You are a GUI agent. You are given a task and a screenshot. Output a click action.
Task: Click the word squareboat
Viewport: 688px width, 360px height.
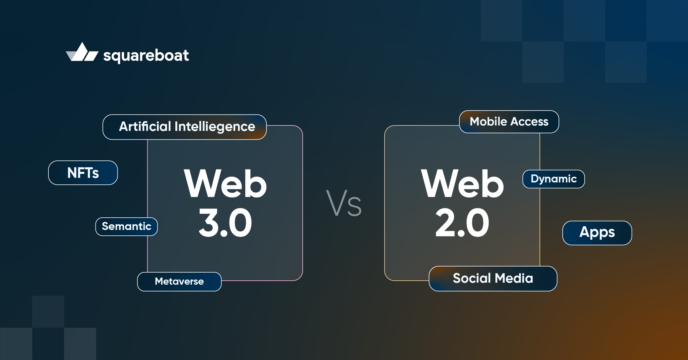click(146, 55)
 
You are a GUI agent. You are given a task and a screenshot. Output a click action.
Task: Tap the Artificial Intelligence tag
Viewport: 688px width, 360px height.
click(185, 127)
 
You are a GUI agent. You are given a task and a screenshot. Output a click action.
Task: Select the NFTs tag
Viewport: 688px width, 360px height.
click(83, 173)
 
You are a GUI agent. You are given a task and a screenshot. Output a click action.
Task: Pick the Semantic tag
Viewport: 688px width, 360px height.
click(126, 227)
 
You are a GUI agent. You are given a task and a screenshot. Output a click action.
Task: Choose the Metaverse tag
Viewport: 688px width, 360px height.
click(179, 282)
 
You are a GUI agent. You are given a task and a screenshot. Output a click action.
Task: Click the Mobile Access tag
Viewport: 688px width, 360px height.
click(509, 122)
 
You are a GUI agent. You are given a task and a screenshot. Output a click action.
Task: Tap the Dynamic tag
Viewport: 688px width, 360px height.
click(553, 179)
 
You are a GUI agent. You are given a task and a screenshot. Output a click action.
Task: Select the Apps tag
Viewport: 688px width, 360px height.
click(597, 233)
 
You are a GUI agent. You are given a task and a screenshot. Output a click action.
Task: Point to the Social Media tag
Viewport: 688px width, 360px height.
click(493, 278)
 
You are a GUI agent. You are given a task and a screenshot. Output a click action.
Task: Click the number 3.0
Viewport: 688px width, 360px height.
click(225, 223)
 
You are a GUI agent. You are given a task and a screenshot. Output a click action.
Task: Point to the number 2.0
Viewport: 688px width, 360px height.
click(462, 223)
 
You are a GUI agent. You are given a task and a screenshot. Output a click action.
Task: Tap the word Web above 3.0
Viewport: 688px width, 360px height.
click(225, 184)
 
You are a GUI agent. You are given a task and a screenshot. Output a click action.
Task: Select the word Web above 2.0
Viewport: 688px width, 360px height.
click(462, 184)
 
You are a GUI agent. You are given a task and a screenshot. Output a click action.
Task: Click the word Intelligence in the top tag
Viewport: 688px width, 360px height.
click(215, 127)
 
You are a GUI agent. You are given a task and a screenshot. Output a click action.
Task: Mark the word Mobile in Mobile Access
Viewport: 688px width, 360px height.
click(488, 122)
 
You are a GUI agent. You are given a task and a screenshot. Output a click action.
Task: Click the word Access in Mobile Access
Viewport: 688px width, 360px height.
click(529, 122)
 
